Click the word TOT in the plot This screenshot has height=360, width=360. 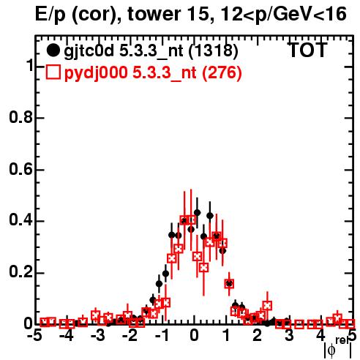coord(308,50)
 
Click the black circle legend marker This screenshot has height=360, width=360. coord(53,50)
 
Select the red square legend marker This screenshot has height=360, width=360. coord(53,72)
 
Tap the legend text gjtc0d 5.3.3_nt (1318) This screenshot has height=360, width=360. coord(151,51)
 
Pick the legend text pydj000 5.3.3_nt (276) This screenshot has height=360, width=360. coord(153,72)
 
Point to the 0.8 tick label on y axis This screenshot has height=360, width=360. coord(20,118)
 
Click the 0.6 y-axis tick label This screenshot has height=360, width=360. coord(20,169)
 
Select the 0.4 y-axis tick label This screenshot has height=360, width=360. coord(20,221)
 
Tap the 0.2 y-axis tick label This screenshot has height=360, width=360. coord(20,273)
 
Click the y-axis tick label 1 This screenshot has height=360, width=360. coord(29,66)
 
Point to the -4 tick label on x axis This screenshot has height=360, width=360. coord(67,336)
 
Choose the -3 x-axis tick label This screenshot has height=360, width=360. coord(98,336)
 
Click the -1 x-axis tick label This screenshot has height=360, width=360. coord(161,336)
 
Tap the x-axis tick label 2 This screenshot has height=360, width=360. coord(258,336)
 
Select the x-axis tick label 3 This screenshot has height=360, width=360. coord(289,336)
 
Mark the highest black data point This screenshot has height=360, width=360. coord(198,213)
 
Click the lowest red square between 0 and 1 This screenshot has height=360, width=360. coord(204,268)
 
